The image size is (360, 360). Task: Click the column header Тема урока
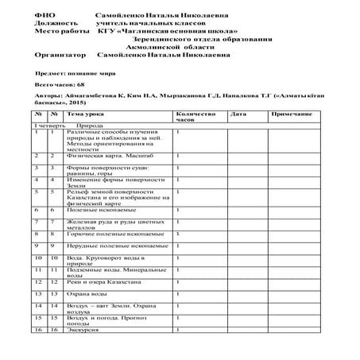[x=83, y=114]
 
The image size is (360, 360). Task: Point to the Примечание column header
[x=289, y=114]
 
